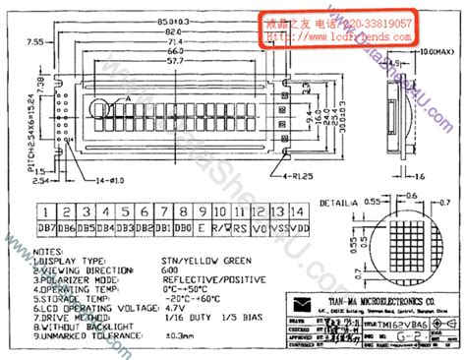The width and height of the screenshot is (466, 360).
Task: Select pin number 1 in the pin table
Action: [46, 210]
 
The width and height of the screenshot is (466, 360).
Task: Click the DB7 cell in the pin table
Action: [46, 227]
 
